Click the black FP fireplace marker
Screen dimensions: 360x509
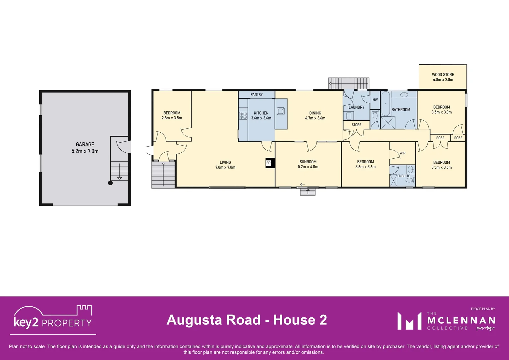click(268, 163)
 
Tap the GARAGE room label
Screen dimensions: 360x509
click(85, 144)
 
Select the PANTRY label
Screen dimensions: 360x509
click(256, 94)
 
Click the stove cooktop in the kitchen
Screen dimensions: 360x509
click(243, 116)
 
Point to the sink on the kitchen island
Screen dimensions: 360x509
click(281, 111)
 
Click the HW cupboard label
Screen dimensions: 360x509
click(375, 100)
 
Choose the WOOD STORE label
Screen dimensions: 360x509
click(443, 75)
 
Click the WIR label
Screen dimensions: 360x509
click(402, 153)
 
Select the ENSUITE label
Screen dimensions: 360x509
click(403, 176)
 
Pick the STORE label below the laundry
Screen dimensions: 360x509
click(356, 125)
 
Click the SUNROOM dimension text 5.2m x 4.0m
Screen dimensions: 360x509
click(308, 167)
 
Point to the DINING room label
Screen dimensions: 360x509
click(315, 113)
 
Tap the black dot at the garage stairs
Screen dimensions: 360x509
click(110, 183)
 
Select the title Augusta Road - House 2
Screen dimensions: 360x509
click(247, 320)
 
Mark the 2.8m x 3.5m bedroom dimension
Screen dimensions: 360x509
click(172, 118)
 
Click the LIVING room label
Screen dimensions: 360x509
click(225, 162)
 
